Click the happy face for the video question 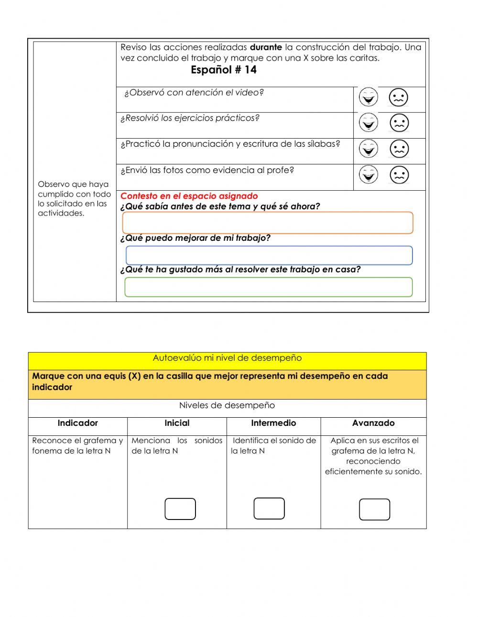[368, 97]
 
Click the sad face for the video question [398, 97]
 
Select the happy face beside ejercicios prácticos [368, 123]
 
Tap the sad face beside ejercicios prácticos [399, 123]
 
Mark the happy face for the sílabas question [368, 149]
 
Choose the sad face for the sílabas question [399, 149]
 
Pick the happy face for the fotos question [368, 174]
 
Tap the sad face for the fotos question [399, 175]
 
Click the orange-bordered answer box [268, 223]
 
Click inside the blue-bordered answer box [269, 255]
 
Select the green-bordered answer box [268, 287]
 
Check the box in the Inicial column [180, 509]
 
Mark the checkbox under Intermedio [269, 508]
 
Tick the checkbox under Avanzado [374, 509]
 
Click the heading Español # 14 [223, 70]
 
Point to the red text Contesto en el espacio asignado [189, 196]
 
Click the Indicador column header [77, 423]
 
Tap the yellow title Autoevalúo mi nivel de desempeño [227, 358]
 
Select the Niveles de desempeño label [227, 405]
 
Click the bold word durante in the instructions [266, 47]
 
